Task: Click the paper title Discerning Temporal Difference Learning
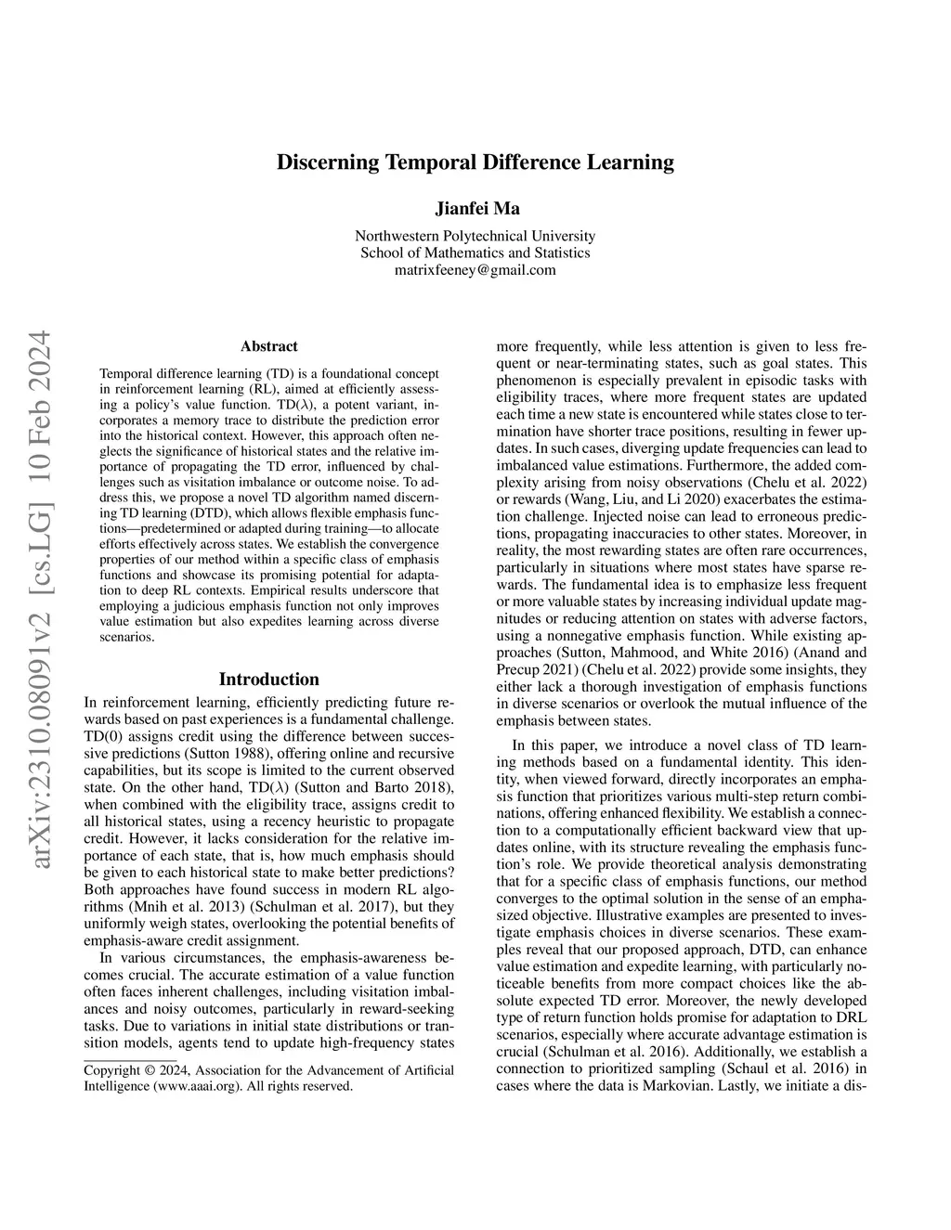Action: click(475, 162)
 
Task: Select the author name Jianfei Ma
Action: click(475, 208)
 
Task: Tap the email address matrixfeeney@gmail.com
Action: click(475, 270)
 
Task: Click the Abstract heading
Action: click(268, 346)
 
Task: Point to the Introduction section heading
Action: click(268, 680)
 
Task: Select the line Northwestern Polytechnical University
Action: click(475, 236)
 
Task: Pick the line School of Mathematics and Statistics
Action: click(475, 252)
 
